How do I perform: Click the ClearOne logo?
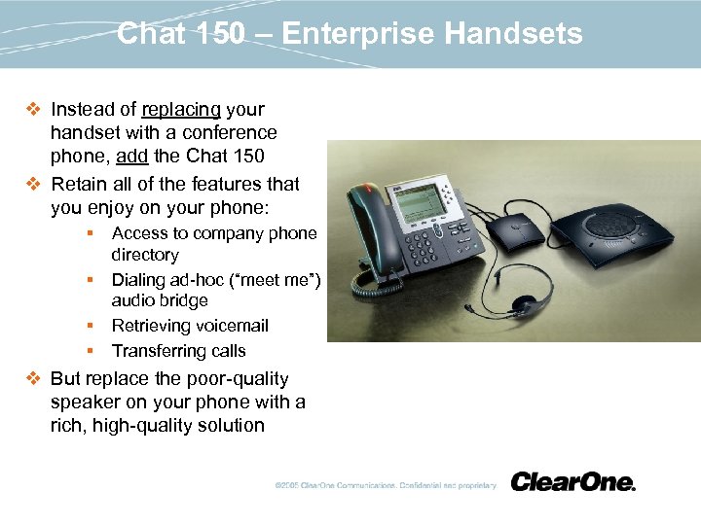tap(572, 482)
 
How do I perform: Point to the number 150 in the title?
tap(216, 35)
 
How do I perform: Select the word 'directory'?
tap(145, 255)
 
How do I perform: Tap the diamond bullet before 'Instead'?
tap(34, 110)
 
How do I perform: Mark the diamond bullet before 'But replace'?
tap(34, 379)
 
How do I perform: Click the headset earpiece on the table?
tap(529, 304)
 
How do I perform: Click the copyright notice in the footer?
tap(384, 485)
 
